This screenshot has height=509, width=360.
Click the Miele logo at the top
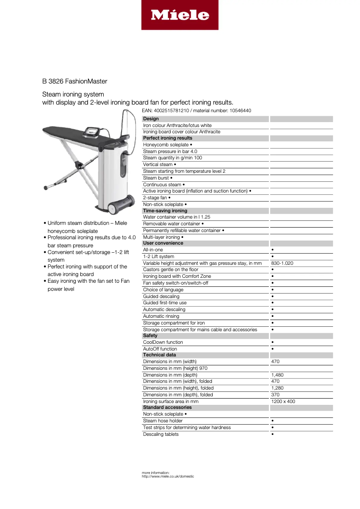coord(180,15)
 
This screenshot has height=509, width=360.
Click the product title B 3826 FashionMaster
coord(75,81)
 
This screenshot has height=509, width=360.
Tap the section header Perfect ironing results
coord(167,138)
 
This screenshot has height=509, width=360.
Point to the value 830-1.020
coord(282,263)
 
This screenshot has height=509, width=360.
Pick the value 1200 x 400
coord(283,401)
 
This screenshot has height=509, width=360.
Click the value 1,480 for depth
coord(277,375)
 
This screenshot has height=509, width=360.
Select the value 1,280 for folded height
coord(277,388)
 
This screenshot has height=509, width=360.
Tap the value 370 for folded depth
coord(275,395)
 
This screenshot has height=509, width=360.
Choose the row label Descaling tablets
coord(161,434)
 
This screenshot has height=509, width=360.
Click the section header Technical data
coord(159,355)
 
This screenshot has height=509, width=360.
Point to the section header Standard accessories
coord(167,408)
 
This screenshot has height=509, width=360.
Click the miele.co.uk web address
coord(168,476)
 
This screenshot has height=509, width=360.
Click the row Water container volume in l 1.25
coord(176,217)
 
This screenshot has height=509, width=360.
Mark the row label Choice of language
coord(163,290)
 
